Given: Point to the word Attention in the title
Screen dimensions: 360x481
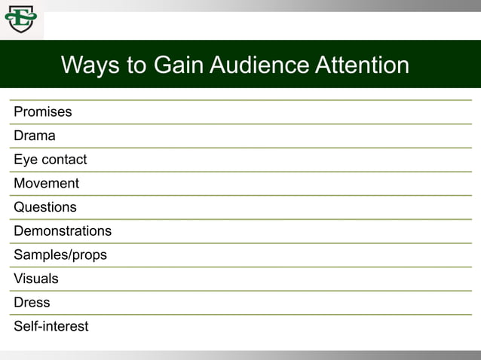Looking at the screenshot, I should pos(362,65).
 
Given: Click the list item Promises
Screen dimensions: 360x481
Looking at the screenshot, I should pos(43,112).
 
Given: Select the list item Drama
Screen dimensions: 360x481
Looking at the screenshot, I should pos(35,136).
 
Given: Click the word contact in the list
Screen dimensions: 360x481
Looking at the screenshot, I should pos(64,160).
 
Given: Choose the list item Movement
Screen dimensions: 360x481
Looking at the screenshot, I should pos(46,184).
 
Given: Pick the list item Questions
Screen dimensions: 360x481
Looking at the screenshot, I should pos(45,207).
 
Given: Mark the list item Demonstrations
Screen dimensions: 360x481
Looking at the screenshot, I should pos(63,231).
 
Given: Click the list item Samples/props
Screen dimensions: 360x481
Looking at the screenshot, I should pos(60,255).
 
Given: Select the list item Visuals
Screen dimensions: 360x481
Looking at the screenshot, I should pos(36,279).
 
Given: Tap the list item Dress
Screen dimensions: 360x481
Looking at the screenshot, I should pos(32,303).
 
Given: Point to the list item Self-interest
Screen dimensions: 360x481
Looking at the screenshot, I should pos(51,326).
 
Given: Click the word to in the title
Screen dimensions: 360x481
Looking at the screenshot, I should pos(136,65).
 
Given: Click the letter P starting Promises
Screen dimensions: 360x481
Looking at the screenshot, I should pos(18,112).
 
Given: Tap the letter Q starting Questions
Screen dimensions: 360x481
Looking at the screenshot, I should pos(19,207).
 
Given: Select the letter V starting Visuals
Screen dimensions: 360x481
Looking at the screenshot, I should pos(18,279).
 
